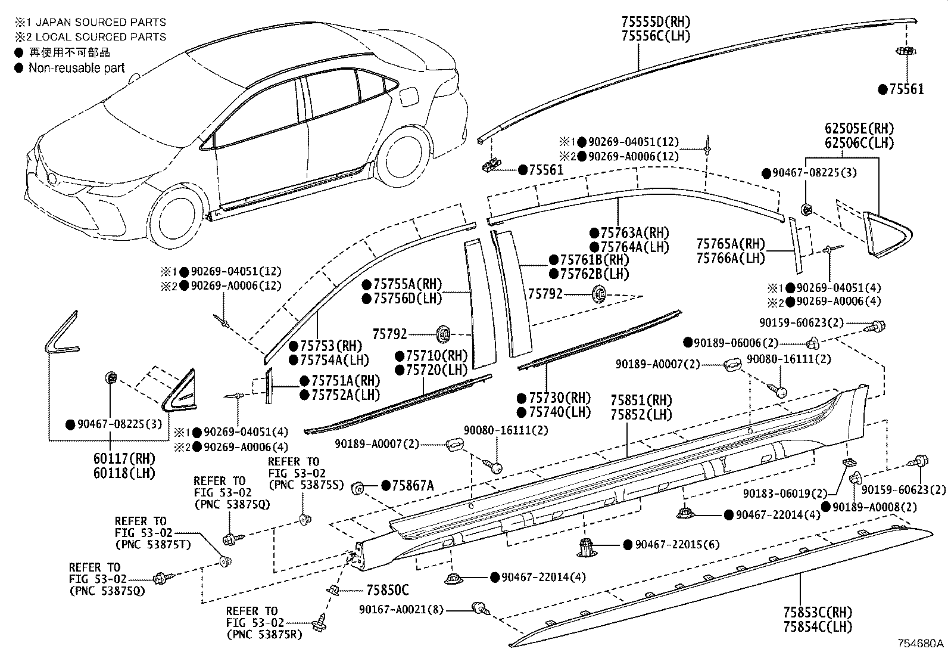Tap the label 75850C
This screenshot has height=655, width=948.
point(387,590)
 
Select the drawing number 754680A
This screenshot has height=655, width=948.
point(921,644)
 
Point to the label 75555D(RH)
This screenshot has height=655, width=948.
point(656,22)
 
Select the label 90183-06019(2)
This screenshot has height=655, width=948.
point(785,494)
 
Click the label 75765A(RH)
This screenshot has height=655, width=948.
point(731,244)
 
